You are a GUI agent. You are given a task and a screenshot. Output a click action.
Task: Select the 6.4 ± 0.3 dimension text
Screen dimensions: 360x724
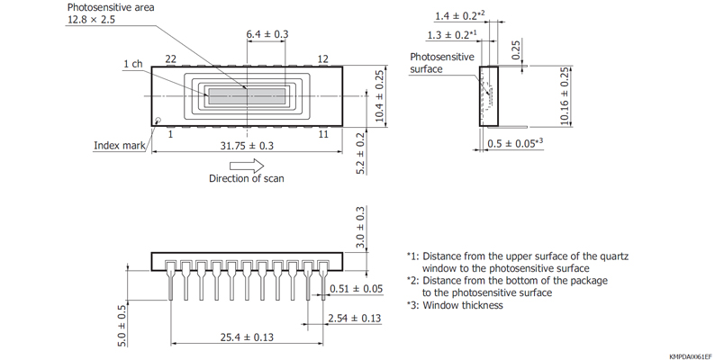267,34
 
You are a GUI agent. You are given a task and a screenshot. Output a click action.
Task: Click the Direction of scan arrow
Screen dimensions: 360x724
247,166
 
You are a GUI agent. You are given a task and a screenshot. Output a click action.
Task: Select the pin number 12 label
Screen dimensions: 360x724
323,58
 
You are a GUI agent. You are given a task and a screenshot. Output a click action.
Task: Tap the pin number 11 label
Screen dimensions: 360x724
322,135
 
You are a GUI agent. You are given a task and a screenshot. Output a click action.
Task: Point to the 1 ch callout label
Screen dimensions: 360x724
132,64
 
